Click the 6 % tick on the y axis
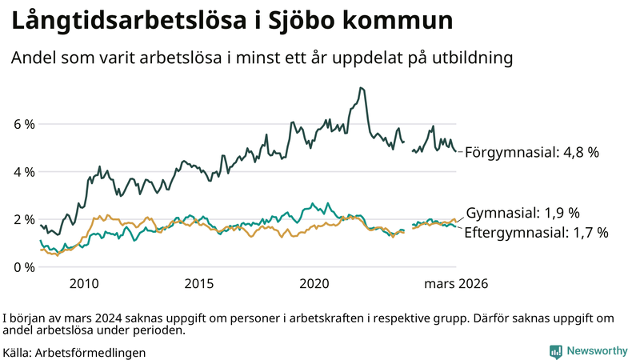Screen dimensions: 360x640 pyautogui.click(x=23, y=125)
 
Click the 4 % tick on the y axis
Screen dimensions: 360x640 pyautogui.click(x=23, y=172)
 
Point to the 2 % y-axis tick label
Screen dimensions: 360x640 pyautogui.click(x=23, y=219)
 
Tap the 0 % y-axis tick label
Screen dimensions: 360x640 pyautogui.click(x=23, y=266)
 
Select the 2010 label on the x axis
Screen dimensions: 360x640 pyautogui.click(x=84, y=283)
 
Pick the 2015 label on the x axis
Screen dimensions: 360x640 pyautogui.click(x=199, y=283)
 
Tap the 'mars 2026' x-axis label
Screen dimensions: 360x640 pyautogui.click(x=456, y=283)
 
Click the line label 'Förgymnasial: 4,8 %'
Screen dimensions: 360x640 pyautogui.click(x=532, y=152)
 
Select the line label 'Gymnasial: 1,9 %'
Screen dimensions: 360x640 pyautogui.click(x=522, y=213)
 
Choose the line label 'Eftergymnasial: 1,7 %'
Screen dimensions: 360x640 pyautogui.click(x=537, y=233)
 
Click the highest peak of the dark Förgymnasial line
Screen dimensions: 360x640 pyautogui.click(x=362, y=88)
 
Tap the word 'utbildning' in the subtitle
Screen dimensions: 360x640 pyautogui.click(x=470, y=58)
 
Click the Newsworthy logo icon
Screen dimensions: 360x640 pyautogui.click(x=555, y=351)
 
